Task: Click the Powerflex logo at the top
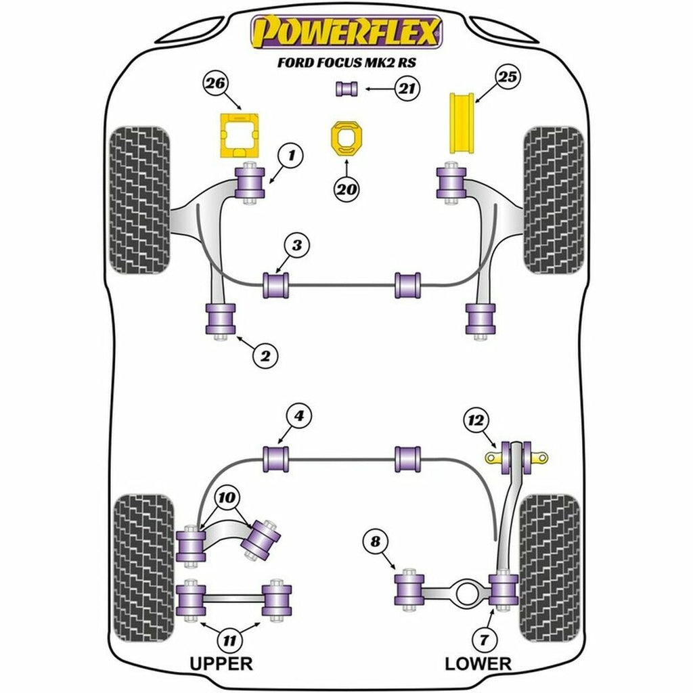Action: pos(346,32)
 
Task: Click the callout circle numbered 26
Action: pos(216,85)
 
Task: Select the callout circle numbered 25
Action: pos(509,77)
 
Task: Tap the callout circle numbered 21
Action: pos(407,88)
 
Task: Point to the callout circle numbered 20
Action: pos(346,191)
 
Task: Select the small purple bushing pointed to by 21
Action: pos(346,88)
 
